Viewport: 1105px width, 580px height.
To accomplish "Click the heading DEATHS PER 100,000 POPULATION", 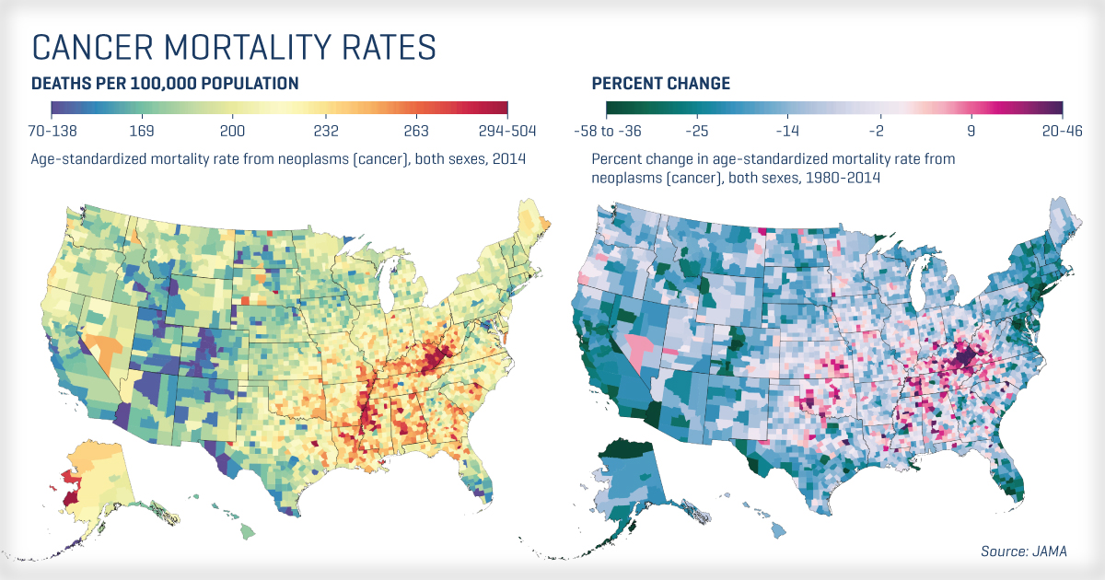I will (165, 84).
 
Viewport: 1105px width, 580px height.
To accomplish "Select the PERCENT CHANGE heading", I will (660, 84).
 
